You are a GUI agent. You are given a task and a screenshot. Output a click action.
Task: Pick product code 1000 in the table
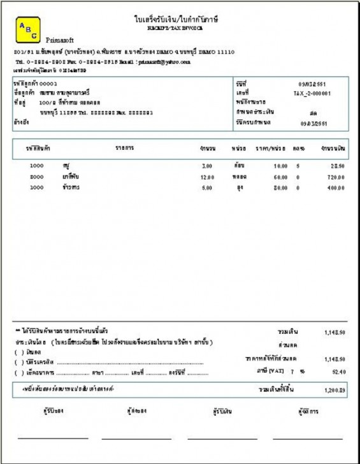[x=36, y=165]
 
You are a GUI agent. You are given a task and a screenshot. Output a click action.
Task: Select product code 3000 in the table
[x=36, y=188]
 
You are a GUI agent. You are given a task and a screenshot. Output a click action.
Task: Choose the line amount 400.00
[x=336, y=189]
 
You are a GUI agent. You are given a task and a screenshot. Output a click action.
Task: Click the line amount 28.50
[x=338, y=166]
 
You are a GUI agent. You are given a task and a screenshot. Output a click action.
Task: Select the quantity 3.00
[x=206, y=166]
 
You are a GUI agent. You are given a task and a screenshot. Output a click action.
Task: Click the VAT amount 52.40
[x=338, y=371]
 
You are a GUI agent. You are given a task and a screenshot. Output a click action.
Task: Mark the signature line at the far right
[x=308, y=439]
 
